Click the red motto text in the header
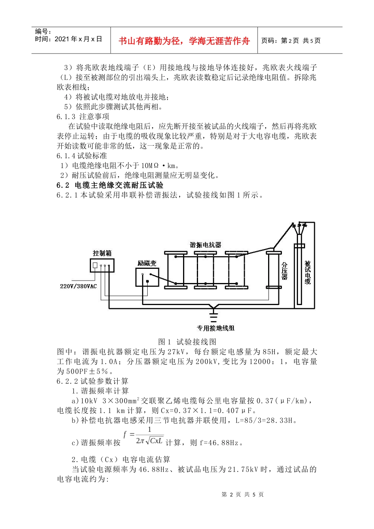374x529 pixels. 184,41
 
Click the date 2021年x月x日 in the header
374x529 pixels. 78,39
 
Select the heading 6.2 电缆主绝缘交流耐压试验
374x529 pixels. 110,185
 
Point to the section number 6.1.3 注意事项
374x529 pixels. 83,117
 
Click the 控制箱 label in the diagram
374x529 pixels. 102,253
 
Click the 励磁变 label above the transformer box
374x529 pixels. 147,263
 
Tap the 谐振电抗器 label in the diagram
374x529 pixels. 206,245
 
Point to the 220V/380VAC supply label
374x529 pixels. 78,286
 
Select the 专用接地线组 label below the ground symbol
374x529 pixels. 215,328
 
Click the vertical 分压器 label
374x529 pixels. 284,271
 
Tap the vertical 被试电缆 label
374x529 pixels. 307,272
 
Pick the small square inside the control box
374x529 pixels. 95,266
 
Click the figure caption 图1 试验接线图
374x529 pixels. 187,342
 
